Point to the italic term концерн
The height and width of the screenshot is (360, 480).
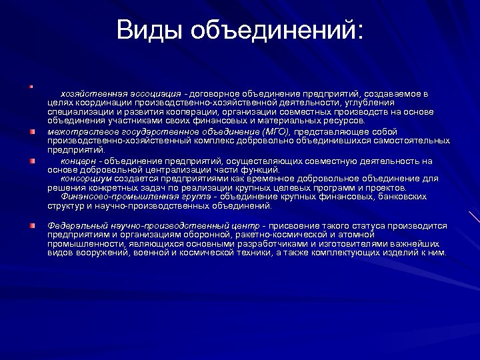coord(79,161)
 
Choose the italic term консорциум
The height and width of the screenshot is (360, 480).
coord(87,179)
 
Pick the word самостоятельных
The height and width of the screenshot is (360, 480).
coord(409,141)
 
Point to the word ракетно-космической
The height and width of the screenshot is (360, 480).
coord(272,235)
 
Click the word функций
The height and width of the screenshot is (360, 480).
coord(261,170)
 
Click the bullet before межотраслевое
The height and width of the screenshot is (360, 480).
coord(31,131)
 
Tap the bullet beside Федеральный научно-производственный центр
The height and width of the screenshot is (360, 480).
coord(31,226)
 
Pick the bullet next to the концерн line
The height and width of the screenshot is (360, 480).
coord(31,161)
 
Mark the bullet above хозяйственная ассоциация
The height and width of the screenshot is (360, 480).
coord(31,85)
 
